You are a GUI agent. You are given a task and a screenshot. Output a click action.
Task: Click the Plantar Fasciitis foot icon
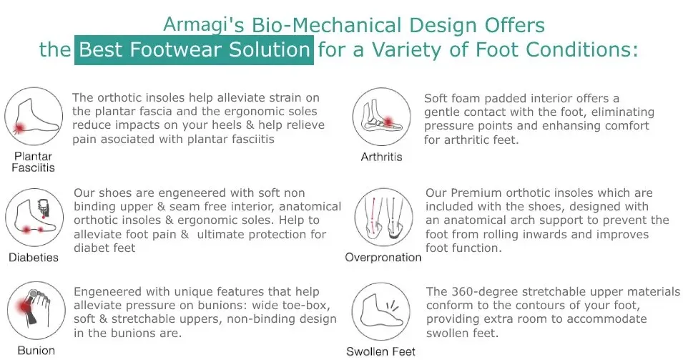34,116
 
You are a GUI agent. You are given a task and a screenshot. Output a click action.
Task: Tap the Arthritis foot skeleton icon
382,117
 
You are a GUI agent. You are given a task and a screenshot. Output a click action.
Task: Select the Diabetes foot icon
34,217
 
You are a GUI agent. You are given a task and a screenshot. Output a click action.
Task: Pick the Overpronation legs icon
384,217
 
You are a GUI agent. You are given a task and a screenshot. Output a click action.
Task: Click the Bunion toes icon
36,311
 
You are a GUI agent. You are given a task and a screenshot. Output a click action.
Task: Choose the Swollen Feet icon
380,311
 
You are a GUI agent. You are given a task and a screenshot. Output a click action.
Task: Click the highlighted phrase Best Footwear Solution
195,49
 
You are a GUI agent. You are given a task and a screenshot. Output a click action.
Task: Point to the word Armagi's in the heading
203,25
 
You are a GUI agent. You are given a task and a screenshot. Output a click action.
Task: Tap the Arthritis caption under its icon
382,157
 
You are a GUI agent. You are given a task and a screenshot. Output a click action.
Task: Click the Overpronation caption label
383,258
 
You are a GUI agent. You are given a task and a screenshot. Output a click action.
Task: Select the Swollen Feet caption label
380,351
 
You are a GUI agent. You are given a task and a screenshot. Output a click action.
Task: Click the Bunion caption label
36,351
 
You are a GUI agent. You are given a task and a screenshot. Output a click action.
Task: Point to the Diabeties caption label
34,258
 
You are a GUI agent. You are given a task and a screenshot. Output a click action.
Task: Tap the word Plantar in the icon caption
33,156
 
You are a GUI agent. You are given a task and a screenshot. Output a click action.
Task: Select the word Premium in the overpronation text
476,193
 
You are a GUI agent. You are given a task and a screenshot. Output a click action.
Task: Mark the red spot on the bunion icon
24,306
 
